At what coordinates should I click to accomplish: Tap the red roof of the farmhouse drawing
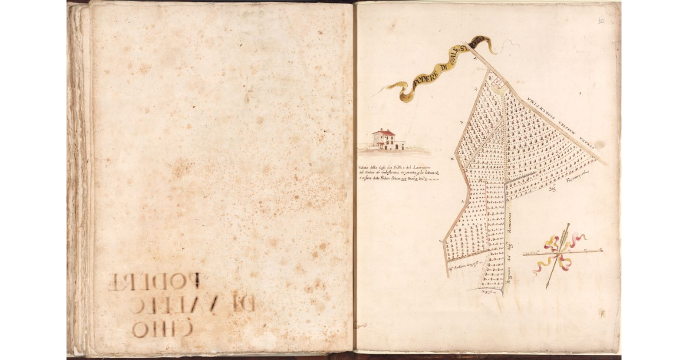[x=384, y=132]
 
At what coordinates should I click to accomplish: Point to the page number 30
[x=601, y=21]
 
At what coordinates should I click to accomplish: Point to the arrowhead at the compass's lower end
[x=548, y=285]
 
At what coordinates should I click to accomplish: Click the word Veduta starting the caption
[x=365, y=167]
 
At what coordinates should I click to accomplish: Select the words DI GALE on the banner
[x=454, y=59]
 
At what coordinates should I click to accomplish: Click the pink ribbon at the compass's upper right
[x=577, y=237]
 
